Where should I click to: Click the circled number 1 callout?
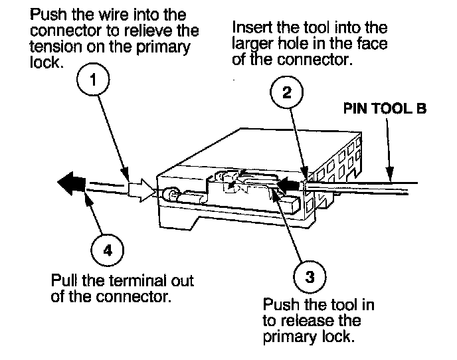pos(94,81)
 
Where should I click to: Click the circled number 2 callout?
pos(286,92)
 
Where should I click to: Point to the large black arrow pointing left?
pos(70,183)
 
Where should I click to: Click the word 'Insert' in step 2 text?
pos(252,29)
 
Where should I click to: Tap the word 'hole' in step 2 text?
pos(298,44)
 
